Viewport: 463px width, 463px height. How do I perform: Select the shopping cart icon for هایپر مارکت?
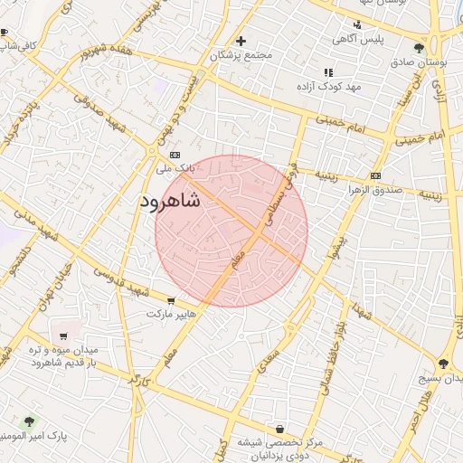coord(171,300)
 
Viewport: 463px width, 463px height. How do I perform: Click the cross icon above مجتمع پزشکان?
coord(241,41)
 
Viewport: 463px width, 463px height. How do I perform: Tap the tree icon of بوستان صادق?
coord(419,49)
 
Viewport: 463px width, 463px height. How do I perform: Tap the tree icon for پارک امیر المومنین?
coord(28,421)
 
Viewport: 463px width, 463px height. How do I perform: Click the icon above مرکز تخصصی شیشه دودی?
coord(279,428)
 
